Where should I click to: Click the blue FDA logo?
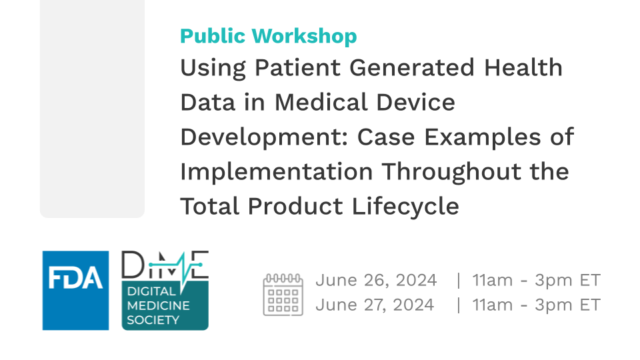[75, 290]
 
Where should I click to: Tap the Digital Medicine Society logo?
[165, 290]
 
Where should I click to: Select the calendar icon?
[283, 294]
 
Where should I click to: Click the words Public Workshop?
[269, 36]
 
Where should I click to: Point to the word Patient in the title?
[297, 67]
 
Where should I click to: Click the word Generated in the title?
[412, 67]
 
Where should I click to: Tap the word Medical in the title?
[321, 101]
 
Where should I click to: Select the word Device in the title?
[415, 101]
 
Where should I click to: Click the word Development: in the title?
[264, 137]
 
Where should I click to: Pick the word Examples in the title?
[483, 137]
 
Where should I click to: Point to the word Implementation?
[277, 172]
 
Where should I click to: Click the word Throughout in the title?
[452, 172]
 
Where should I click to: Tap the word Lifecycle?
[405, 207]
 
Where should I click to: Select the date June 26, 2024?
[376, 281]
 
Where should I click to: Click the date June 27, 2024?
[375, 305]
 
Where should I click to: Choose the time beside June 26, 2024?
[536, 281]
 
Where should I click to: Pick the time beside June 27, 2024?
[536, 305]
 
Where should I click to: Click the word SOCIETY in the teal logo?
[153, 320]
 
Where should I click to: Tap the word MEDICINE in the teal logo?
[159, 306]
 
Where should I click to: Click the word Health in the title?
[523, 67]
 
